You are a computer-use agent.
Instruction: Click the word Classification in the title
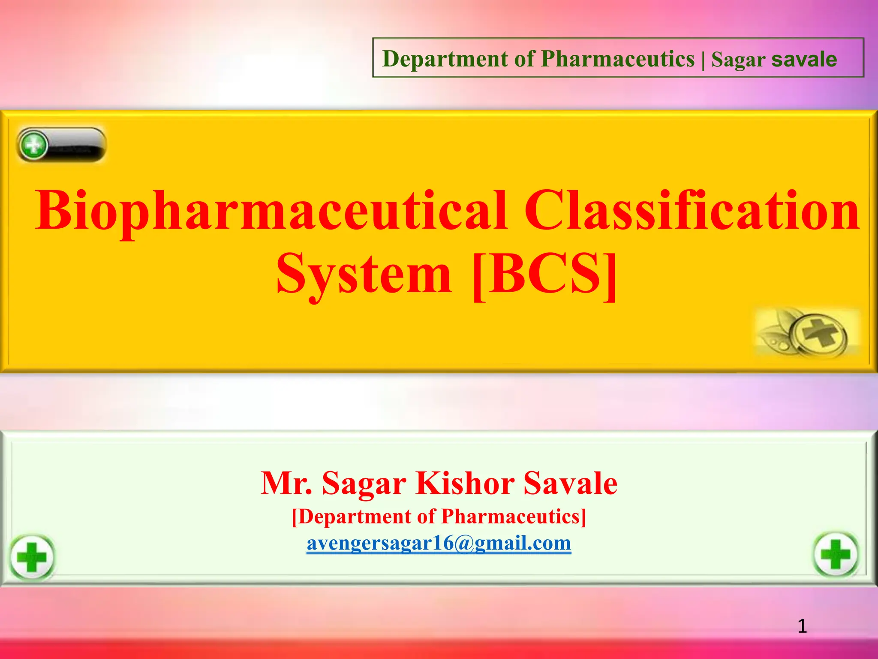point(692,210)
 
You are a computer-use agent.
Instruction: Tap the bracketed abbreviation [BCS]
point(544,274)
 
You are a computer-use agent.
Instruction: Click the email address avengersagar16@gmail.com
point(439,543)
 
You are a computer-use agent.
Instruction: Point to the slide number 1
point(802,626)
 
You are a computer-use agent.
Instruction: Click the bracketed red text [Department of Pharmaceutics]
point(439,516)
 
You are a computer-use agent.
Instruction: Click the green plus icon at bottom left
point(32,557)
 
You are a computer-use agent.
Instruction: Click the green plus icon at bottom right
point(836,554)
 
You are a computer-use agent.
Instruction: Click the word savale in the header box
point(804,59)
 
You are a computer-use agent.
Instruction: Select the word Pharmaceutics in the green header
point(617,59)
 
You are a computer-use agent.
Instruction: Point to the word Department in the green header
point(445,59)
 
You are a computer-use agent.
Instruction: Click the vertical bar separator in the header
point(703,59)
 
